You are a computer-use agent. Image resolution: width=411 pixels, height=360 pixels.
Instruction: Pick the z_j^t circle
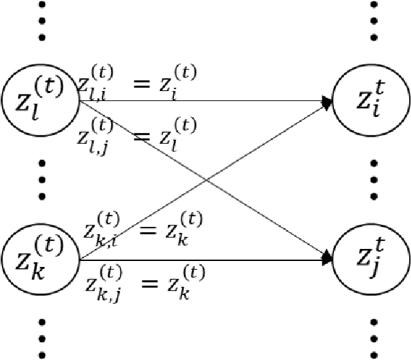tap(372, 258)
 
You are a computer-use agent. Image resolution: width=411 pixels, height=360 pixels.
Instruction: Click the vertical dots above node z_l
tap(42, 19)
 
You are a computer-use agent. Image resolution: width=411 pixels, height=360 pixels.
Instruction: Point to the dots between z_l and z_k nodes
tap(42, 179)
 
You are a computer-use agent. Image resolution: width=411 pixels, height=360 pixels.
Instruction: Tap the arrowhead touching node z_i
tap(328, 102)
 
